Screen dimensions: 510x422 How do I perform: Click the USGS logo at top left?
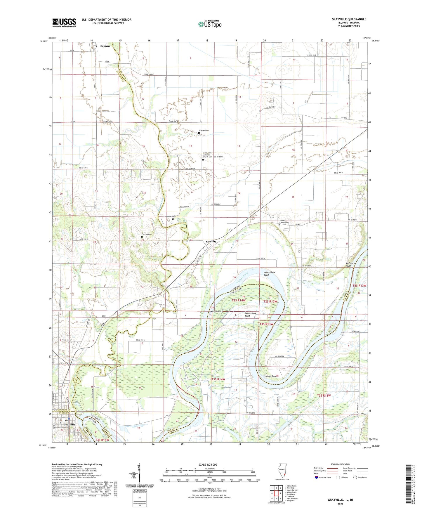coord(64,22)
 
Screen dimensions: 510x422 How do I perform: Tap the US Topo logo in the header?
coord(209,24)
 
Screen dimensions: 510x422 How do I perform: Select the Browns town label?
coord(105,46)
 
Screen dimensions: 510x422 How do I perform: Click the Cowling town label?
coord(211,242)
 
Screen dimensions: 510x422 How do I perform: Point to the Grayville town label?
coord(70,424)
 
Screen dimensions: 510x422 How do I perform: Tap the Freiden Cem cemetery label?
coord(204,130)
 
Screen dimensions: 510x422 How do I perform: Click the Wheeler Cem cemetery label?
coord(170,216)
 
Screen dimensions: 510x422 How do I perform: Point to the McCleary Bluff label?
coord(350,264)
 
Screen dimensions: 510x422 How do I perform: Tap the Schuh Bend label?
coord(270,376)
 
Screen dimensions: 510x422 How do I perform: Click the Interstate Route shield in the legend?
coord(317,477)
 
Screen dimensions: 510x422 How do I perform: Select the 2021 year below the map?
coord(340,504)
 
